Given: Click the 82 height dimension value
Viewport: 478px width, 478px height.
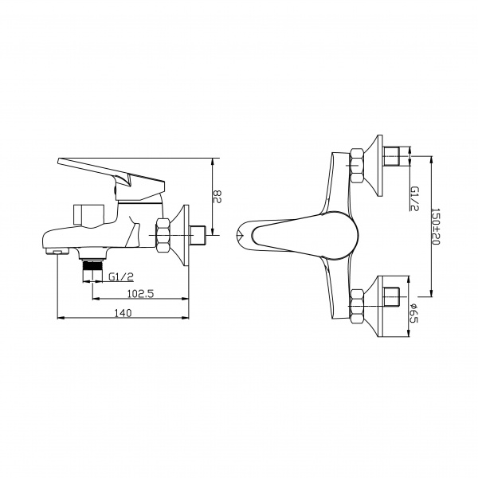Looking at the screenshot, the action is coord(217,197).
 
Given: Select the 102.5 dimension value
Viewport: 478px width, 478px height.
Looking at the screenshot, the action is coord(140,293).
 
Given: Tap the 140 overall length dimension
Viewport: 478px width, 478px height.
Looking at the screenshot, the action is coord(123,313).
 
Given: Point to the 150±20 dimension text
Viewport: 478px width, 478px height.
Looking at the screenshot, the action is coord(437,227).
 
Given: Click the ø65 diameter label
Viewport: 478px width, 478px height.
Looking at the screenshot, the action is coord(413,313).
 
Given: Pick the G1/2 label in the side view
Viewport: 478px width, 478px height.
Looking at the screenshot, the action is coord(121,276).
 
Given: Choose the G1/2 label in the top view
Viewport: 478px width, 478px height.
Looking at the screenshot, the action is coord(414,198).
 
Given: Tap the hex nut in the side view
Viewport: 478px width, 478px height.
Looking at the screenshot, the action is coord(163,235).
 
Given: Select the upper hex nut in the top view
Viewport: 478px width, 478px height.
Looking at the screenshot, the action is coord(357,166).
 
